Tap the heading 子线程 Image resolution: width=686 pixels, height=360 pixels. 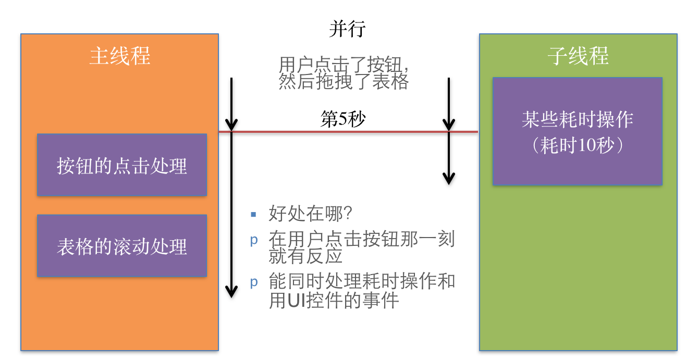pos(578,56)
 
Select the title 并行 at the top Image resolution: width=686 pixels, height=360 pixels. pos(347,29)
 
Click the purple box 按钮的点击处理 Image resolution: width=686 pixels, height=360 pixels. pos(122,165)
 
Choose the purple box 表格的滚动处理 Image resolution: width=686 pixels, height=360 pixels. pos(122,246)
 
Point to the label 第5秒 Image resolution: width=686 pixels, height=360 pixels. pos(342,120)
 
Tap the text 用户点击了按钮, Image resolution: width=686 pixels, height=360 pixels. pos(344,66)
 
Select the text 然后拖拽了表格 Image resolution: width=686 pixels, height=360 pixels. pos(344,82)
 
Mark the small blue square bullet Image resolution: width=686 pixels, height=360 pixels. pos(253,214)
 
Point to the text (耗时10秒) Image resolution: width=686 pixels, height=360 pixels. pos(578,146)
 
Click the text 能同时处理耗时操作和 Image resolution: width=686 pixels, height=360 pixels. pos(362,282)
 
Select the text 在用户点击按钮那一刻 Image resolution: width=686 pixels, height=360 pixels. pos(362,239)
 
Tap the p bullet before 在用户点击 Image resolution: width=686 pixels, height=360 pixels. pos(254,240)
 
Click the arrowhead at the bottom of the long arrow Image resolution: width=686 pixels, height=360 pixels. pos(231,292)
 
